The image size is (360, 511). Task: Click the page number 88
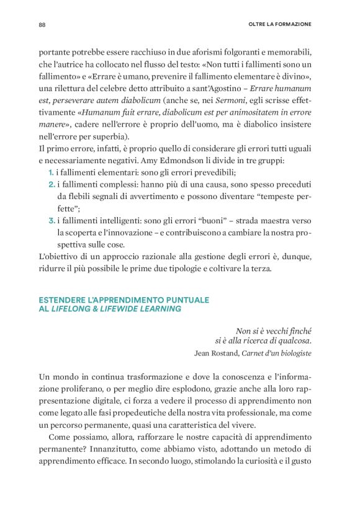click(x=42, y=24)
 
